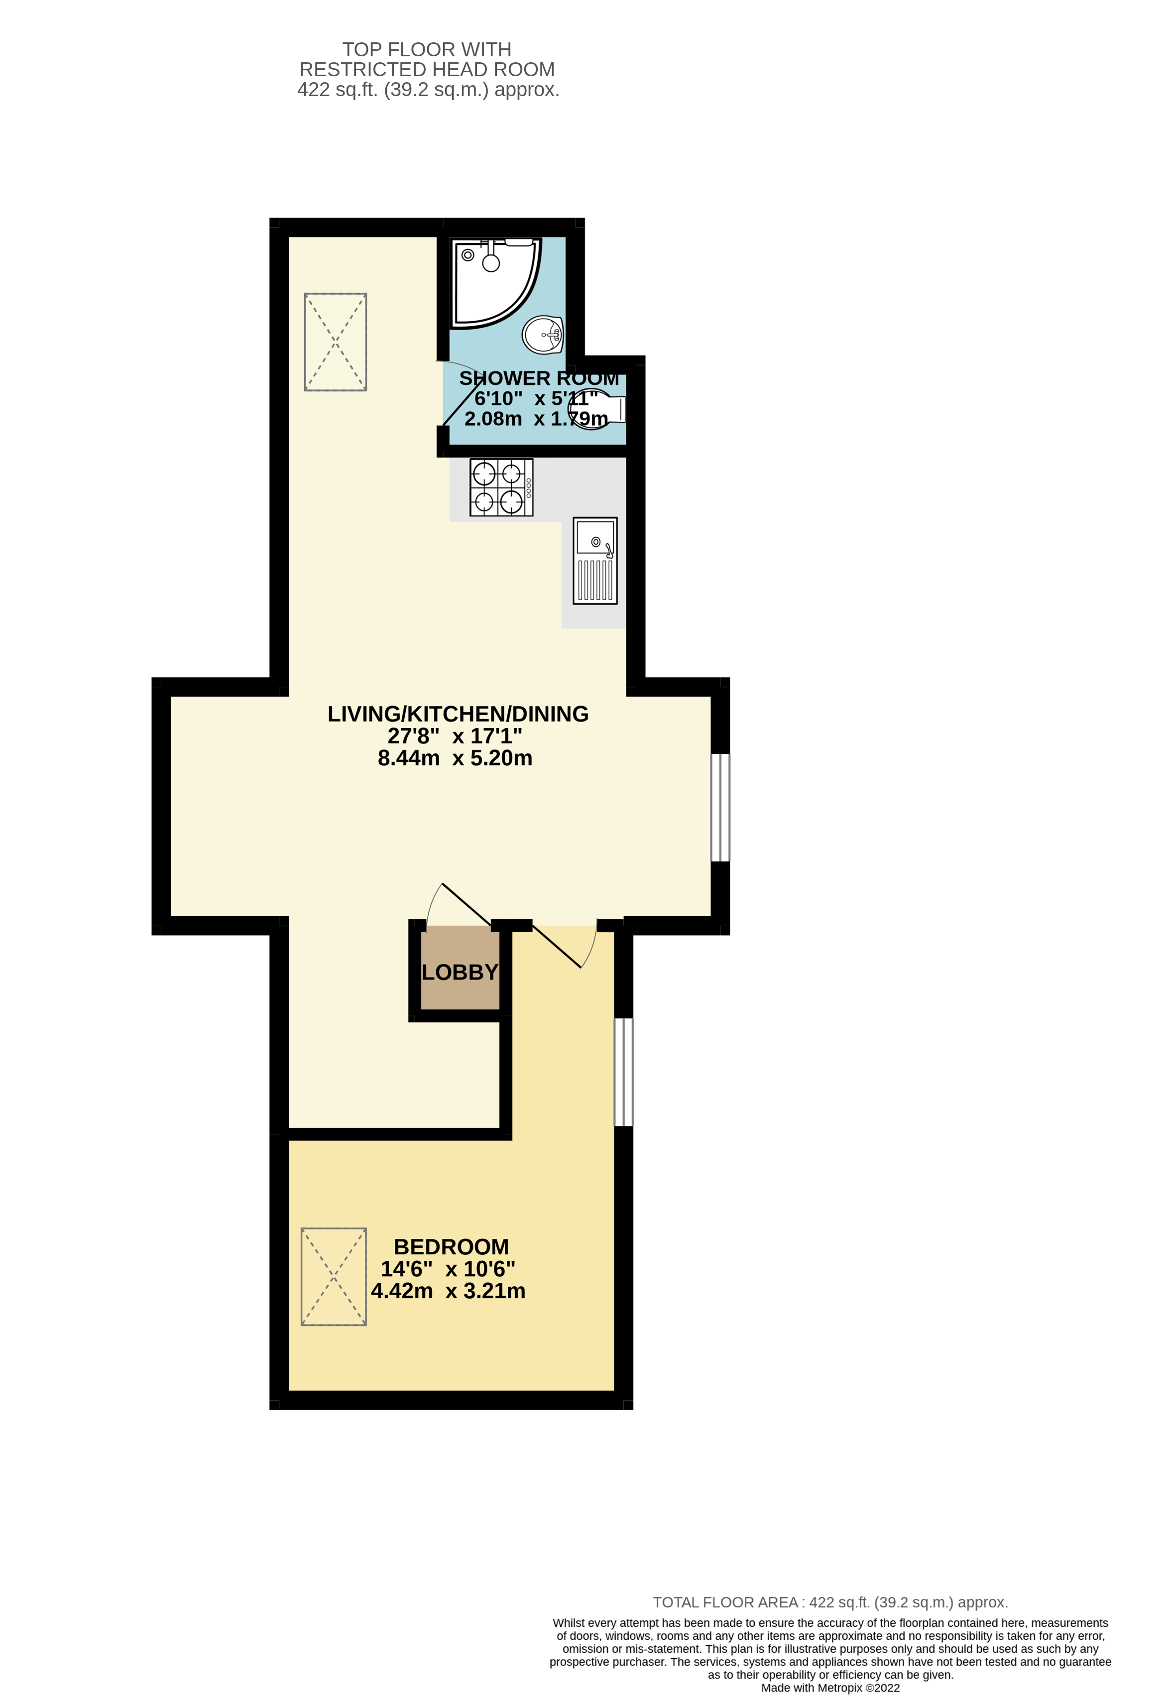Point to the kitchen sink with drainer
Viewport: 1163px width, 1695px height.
(595, 561)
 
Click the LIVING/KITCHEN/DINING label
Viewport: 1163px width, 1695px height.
(458, 714)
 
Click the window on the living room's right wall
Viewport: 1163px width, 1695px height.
(720, 807)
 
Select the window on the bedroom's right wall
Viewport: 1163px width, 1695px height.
(623, 1072)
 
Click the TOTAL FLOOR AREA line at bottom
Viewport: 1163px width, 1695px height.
(830, 1602)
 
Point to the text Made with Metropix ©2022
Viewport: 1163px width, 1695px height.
(830, 1688)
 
